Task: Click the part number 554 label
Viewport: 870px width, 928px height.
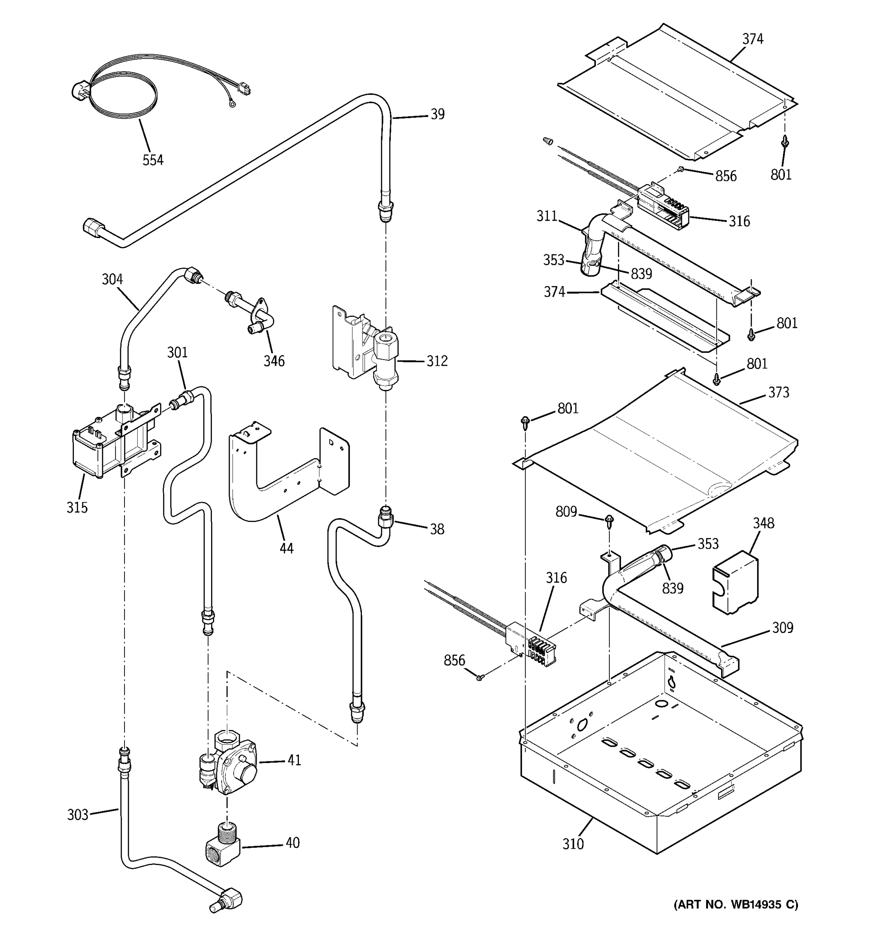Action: [x=153, y=160]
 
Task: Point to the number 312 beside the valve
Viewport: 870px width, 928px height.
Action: [x=437, y=361]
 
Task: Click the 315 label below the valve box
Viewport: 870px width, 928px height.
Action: [x=77, y=507]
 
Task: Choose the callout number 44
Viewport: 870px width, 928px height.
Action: [x=286, y=548]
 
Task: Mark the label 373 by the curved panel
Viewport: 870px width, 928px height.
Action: [x=778, y=392]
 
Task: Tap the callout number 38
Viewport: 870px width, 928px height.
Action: [x=437, y=529]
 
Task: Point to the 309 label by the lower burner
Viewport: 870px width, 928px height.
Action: [x=782, y=628]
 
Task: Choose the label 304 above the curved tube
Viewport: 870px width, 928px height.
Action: [x=112, y=279]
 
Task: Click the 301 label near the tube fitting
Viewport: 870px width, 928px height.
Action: [x=177, y=352]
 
